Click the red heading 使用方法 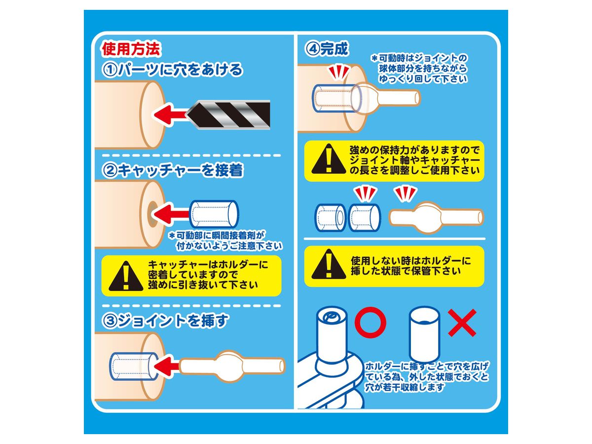coord(131,49)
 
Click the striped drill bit coord(228,114)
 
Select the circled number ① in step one coord(110,70)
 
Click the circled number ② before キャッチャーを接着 coord(110,170)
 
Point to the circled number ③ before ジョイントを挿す coord(110,321)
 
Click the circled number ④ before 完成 coord(312,49)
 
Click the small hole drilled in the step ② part coord(152,214)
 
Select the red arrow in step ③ coord(166,366)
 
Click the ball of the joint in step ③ coord(230,366)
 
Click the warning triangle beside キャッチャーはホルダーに coord(126,276)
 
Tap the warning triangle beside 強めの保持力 coord(329,159)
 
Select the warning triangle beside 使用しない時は coord(329,264)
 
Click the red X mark coord(462,323)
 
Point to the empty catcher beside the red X coord(425,335)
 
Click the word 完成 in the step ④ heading coord(334,49)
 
